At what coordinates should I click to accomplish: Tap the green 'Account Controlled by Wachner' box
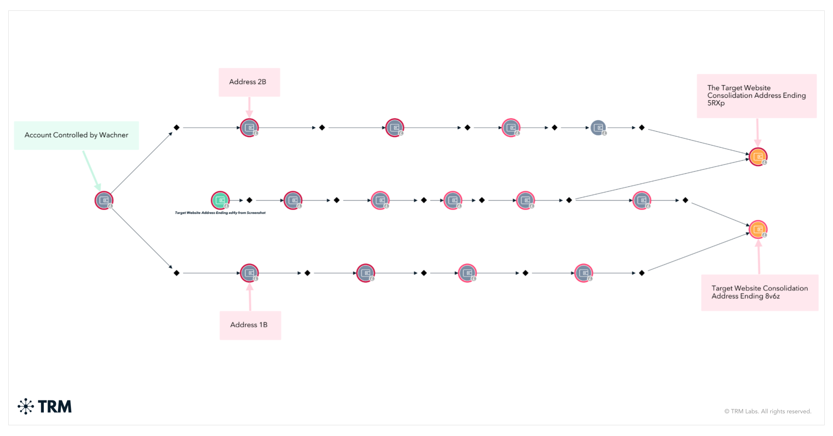click(76, 135)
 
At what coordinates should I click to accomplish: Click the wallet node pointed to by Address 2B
click(249, 128)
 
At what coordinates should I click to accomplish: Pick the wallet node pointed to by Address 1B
click(249, 273)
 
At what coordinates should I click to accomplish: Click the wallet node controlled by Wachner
click(104, 200)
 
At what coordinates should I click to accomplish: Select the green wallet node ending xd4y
click(220, 200)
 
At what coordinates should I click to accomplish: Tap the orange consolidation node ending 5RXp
click(758, 157)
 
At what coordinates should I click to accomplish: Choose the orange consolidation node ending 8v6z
click(758, 229)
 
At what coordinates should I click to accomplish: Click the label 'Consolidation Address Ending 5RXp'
click(756, 96)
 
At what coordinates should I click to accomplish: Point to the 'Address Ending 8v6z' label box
click(759, 292)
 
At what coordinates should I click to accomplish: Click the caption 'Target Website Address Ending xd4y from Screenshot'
click(220, 213)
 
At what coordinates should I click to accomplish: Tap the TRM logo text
click(55, 406)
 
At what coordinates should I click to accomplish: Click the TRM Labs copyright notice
click(767, 411)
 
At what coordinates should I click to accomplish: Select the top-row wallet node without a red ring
click(598, 128)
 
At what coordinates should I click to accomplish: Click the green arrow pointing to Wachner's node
click(92, 170)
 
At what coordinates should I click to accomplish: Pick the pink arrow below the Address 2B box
click(249, 107)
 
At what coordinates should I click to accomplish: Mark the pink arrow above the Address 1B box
click(250, 297)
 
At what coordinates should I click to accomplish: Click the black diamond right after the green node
click(249, 200)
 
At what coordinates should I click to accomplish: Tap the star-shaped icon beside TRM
click(26, 406)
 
